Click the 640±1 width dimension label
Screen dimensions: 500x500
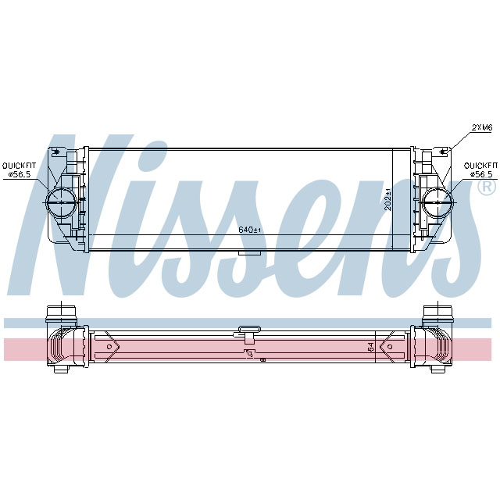(248, 230)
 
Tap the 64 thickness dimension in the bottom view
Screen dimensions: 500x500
(370, 347)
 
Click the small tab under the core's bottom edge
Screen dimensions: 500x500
(249, 252)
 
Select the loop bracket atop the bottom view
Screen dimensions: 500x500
(249, 332)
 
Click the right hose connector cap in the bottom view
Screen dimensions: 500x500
(434, 313)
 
